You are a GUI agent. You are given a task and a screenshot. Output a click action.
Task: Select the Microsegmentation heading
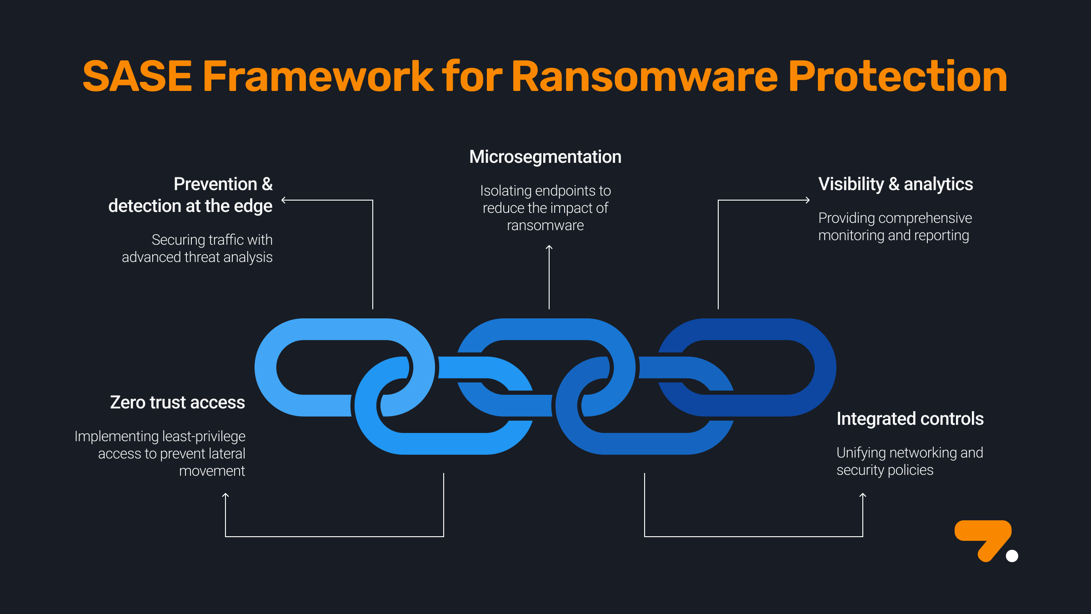pyautogui.click(x=545, y=157)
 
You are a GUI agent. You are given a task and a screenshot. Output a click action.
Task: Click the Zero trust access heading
pyautogui.click(x=177, y=403)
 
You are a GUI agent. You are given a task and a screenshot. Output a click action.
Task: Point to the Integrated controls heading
pyautogui.click(x=910, y=419)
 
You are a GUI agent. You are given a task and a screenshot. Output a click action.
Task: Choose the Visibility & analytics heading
pyautogui.click(x=896, y=184)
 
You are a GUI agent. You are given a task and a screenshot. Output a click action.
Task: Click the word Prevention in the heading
pyautogui.click(x=215, y=184)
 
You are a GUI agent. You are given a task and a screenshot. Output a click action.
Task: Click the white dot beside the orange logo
pyautogui.click(x=1012, y=556)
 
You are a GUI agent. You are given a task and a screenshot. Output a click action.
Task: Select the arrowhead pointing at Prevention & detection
pyautogui.click(x=284, y=200)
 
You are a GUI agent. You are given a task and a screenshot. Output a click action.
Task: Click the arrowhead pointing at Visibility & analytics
pyautogui.click(x=807, y=200)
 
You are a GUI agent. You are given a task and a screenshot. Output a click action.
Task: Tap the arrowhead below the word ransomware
pyautogui.click(x=549, y=248)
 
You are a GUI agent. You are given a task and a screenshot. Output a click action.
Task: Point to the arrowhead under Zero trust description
pyautogui.click(x=225, y=496)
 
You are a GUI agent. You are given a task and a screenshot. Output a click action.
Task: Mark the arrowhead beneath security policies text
pyautogui.click(x=863, y=496)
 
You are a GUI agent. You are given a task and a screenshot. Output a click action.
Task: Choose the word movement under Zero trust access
pyautogui.click(x=212, y=471)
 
